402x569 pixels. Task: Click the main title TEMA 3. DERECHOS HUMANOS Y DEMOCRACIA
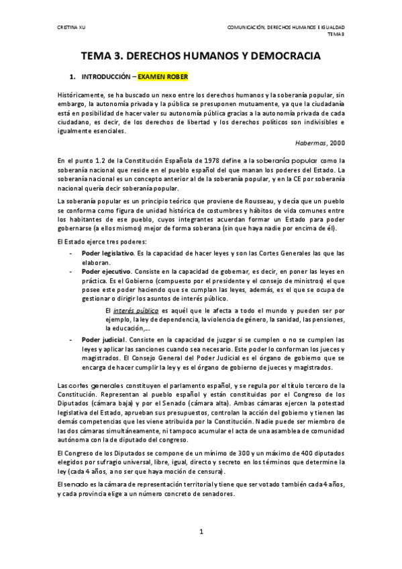pyautogui.click(x=201, y=59)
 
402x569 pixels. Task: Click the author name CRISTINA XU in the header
pyautogui.click(x=69, y=27)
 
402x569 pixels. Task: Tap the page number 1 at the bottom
pyautogui.click(x=201, y=532)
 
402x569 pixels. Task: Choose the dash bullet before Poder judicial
pyautogui.click(x=72, y=341)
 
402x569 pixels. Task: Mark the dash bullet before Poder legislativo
pyautogui.click(x=72, y=252)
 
